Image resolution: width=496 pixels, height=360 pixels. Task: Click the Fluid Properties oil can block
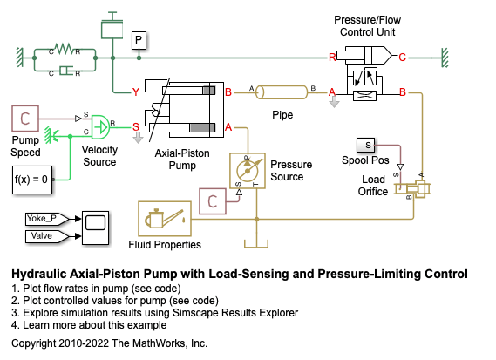click(165, 219)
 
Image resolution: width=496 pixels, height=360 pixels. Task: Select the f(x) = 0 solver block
click(32, 180)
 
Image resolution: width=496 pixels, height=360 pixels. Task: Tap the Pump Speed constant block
click(25, 119)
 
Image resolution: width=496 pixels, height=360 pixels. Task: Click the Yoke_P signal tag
click(47, 219)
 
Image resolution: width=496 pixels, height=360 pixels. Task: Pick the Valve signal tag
click(47, 236)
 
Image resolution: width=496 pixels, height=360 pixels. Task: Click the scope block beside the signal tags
click(96, 228)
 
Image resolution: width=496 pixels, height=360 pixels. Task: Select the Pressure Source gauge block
click(248, 171)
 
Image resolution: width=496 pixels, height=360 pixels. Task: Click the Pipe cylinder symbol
click(282, 92)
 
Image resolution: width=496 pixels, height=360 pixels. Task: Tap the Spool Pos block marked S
click(365, 146)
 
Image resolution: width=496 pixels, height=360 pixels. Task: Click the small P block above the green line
click(139, 40)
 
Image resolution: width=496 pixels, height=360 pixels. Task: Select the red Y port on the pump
click(136, 92)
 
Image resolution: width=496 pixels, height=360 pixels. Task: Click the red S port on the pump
click(136, 127)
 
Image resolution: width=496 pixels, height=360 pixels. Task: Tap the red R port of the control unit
click(332, 58)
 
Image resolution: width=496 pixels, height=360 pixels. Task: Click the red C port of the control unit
click(402, 58)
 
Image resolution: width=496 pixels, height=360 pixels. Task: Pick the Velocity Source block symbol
click(100, 127)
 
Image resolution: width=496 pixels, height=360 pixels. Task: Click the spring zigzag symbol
click(65, 49)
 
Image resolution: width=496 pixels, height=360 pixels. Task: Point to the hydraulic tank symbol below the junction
click(256, 243)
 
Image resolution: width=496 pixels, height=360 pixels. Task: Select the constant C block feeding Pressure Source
click(213, 201)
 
